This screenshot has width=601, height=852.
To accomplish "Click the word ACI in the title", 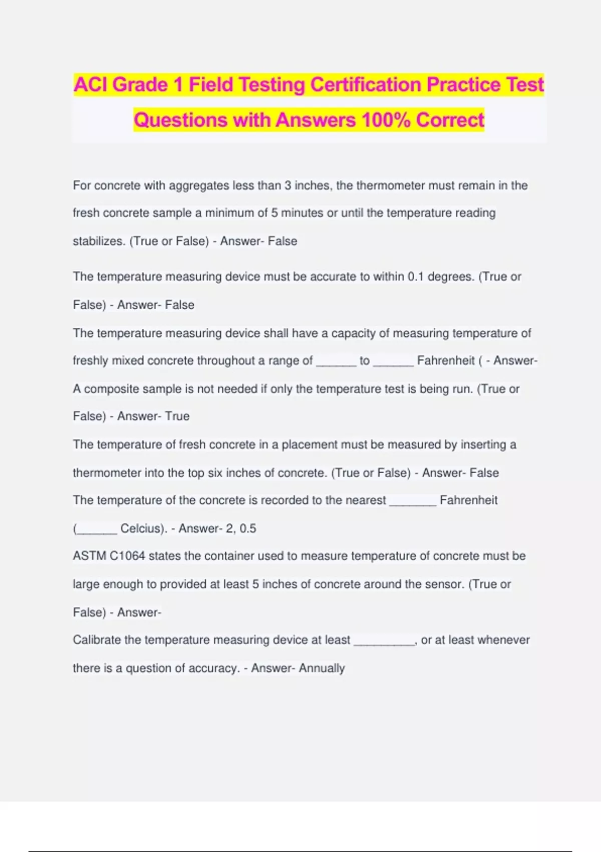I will pos(91,85).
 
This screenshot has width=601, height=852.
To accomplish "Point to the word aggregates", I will pos(199,185).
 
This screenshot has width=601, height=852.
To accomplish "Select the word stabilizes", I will pos(99,241).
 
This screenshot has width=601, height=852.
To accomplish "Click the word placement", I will pos(310,445).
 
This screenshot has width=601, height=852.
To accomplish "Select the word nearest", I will pos(366,500).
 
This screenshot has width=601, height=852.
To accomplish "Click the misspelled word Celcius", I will pos(143,528).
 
